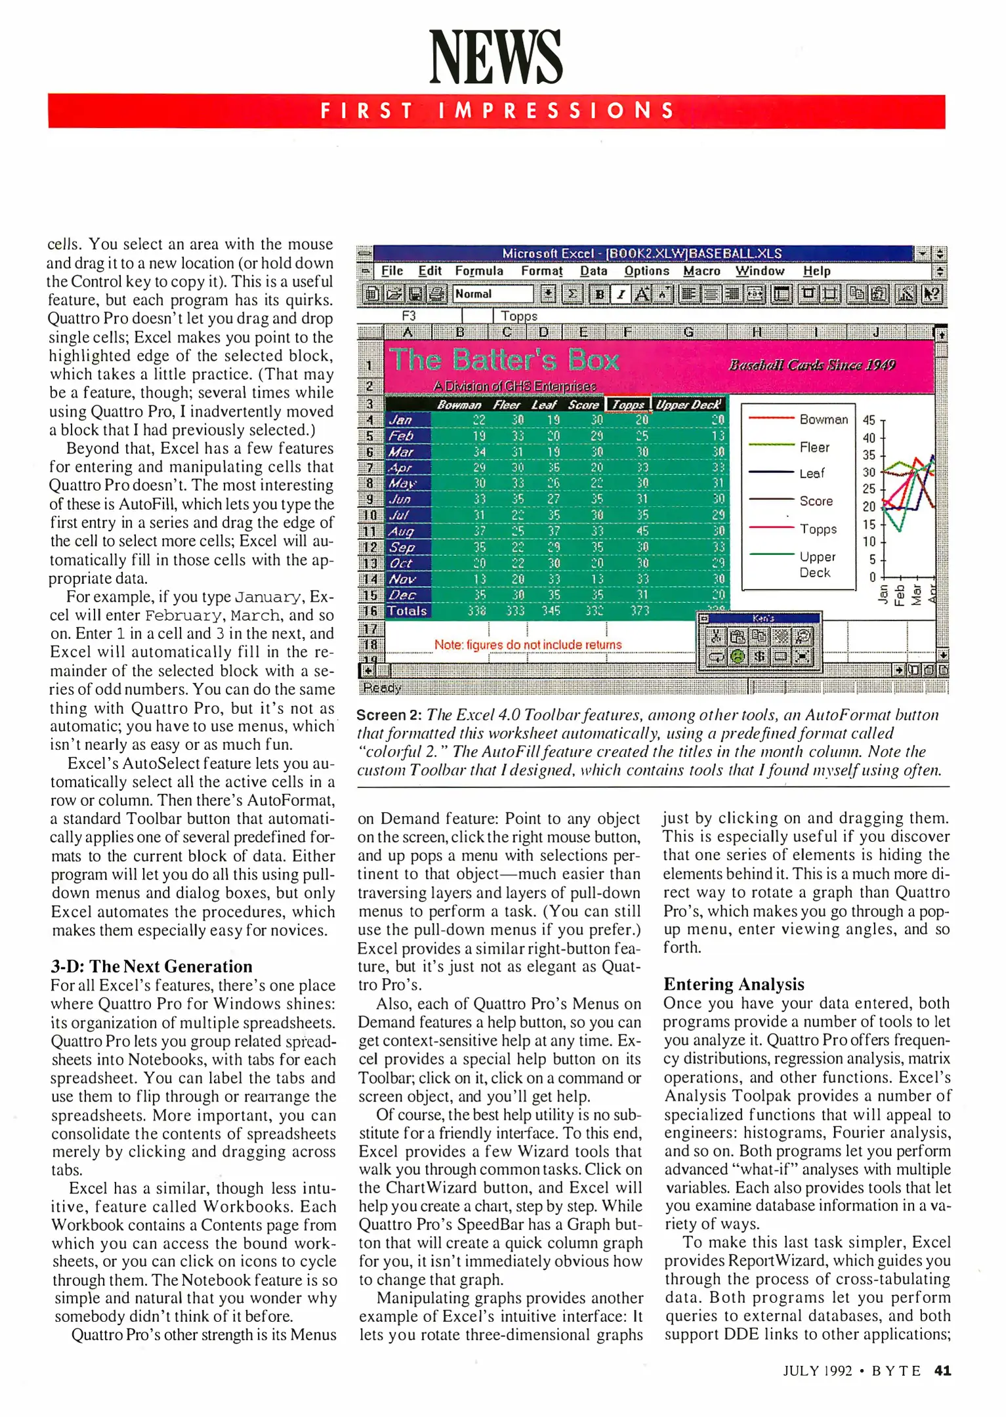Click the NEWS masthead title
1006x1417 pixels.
pyautogui.click(x=495, y=57)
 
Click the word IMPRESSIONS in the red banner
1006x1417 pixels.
pyautogui.click(x=556, y=110)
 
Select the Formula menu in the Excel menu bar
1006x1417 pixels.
pyautogui.click(x=479, y=271)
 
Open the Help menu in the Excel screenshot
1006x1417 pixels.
pyautogui.click(x=816, y=271)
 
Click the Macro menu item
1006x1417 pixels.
pyautogui.click(x=702, y=271)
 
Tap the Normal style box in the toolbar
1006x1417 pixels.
pyautogui.click(x=492, y=294)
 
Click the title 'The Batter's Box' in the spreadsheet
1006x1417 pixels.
pyautogui.click(x=503, y=360)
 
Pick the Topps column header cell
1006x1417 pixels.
pyautogui.click(x=628, y=405)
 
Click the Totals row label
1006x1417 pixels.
pyautogui.click(x=407, y=611)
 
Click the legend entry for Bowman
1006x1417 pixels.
pyautogui.click(x=824, y=419)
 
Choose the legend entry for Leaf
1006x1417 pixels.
pyautogui.click(x=812, y=473)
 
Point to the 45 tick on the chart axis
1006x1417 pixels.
pyautogui.click(x=869, y=420)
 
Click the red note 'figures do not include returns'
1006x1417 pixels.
pyautogui.click(x=528, y=645)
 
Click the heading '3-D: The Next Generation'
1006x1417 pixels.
pyautogui.click(x=152, y=966)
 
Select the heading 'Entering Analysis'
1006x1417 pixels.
pyautogui.click(x=734, y=984)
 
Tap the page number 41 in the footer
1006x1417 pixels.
pyautogui.click(x=942, y=1370)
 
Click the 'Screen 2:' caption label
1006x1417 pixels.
pyautogui.click(x=388, y=715)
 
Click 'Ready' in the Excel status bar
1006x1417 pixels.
pyautogui.click(x=382, y=688)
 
